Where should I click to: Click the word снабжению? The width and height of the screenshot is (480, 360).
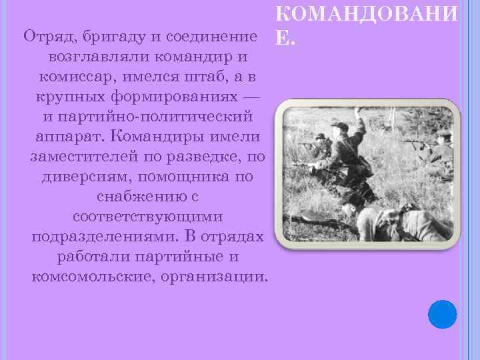(x=138, y=199)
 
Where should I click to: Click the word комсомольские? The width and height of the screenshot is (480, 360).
(x=90, y=276)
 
